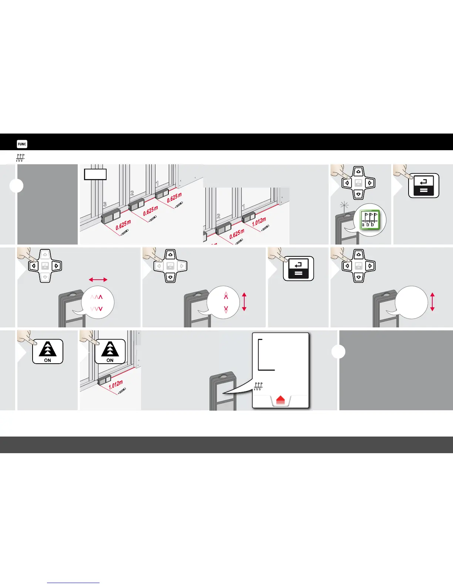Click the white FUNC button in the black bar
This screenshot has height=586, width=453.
22,144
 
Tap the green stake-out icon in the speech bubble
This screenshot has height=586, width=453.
369,220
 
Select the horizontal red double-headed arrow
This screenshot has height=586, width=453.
98,280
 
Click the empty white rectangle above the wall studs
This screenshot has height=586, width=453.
95,174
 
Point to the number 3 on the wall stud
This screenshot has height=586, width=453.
105,205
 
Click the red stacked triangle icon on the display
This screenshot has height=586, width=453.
280,400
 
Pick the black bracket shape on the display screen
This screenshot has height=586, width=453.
266,354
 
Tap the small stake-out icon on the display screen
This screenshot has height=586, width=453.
258,386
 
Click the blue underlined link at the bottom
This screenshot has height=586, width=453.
73,583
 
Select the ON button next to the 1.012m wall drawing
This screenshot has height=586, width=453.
110,351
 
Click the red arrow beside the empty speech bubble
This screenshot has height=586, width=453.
432,302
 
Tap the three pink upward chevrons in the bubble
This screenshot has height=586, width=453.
97,297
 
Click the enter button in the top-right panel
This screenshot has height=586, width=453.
423,186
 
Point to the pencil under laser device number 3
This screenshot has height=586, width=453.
124,233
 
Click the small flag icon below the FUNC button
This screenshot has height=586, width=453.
20,158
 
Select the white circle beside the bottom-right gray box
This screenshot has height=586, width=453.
338,351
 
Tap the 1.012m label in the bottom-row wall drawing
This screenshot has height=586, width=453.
115,385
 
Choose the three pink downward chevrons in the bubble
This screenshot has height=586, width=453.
97,309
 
